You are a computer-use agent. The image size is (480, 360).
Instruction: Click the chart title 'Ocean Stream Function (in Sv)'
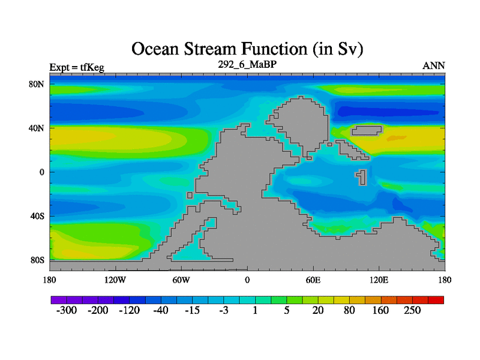pyautogui.click(x=247, y=49)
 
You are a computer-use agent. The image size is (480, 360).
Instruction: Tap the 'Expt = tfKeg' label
pyautogui.click(x=77, y=67)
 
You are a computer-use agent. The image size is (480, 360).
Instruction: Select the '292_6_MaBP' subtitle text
pyautogui.click(x=247, y=64)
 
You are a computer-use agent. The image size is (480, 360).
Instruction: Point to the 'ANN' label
pyautogui.click(x=433, y=66)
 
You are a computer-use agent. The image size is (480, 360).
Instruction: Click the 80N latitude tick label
pyautogui.click(x=37, y=84)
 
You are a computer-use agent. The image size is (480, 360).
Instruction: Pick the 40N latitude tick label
pyautogui.click(x=37, y=128)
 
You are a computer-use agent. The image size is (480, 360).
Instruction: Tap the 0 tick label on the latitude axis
pyautogui.click(x=41, y=172)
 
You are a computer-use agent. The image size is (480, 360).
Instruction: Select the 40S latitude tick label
pyautogui.click(x=37, y=216)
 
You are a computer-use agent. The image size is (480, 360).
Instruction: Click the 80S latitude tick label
pyautogui.click(x=37, y=260)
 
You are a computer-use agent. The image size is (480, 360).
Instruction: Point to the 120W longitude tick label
pyautogui.click(x=115, y=280)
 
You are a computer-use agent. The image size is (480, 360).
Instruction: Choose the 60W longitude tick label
pyautogui.click(x=181, y=280)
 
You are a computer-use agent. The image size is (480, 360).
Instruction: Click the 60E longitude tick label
pyautogui.click(x=313, y=280)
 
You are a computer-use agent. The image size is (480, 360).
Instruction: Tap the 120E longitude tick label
pyautogui.click(x=379, y=280)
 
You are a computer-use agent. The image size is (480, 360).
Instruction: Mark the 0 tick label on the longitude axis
pyautogui.click(x=247, y=280)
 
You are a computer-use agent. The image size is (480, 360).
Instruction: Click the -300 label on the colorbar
pyautogui.click(x=67, y=310)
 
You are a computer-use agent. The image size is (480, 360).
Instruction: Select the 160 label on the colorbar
pyautogui.click(x=380, y=310)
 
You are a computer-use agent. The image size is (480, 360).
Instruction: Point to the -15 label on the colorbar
pyautogui.click(x=192, y=310)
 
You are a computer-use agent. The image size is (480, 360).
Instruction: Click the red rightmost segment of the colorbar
pyautogui.click(x=436, y=300)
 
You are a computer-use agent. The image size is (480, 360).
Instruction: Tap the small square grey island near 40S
pyautogui.click(x=190, y=196)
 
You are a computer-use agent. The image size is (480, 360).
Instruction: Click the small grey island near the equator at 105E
pyautogui.click(x=362, y=178)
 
